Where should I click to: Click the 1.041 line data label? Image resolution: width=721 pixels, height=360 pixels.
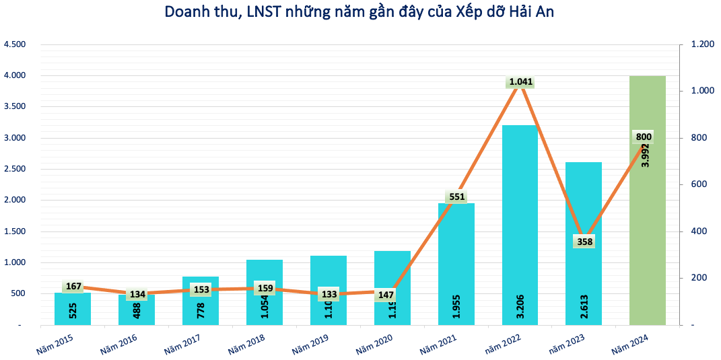click(520, 82)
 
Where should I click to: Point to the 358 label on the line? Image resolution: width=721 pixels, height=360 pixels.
click(584, 241)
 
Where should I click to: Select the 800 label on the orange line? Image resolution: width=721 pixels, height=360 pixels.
click(644, 137)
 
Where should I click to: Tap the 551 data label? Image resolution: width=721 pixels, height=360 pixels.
click(456, 197)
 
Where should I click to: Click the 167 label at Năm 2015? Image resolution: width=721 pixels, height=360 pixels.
click(73, 287)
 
